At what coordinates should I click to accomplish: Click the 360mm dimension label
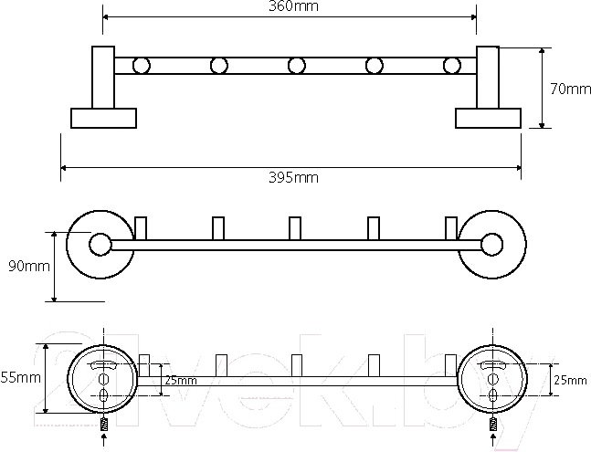click(293, 6)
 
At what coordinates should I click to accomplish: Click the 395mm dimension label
click(293, 177)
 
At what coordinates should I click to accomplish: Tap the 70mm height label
click(570, 89)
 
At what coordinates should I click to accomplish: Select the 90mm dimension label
click(29, 267)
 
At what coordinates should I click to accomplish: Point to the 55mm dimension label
click(20, 377)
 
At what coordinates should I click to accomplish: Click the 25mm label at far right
click(570, 381)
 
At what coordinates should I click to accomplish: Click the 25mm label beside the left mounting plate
click(181, 381)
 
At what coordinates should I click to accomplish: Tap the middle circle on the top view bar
click(296, 66)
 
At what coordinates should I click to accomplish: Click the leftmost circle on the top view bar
click(142, 66)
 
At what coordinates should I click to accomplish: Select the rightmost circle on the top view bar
click(451, 66)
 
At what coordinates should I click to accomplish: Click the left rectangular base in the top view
click(103, 119)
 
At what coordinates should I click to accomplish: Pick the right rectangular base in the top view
click(488, 119)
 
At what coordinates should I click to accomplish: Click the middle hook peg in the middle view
click(295, 228)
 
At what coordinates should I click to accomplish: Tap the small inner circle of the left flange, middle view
click(100, 245)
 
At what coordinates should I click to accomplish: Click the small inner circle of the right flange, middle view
click(491, 245)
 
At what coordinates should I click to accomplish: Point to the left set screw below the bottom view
click(104, 425)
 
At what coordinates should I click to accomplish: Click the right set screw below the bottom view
click(492, 425)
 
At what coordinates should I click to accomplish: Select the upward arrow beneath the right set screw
click(492, 441)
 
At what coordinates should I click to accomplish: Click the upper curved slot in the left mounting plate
click(103, 364)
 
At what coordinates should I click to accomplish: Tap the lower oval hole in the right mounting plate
click(491, 395)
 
